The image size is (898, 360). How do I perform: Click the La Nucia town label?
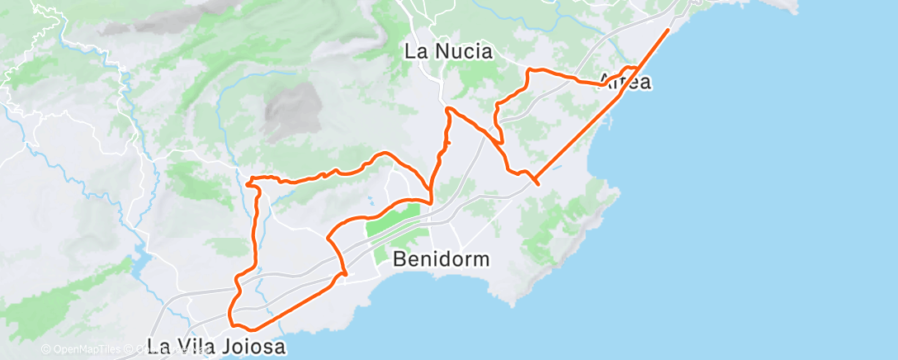click(448, 52)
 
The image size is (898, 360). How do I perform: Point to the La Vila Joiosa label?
click(216, 347)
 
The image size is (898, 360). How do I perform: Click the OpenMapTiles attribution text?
click(82, 350)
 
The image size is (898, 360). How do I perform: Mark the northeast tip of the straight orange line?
click(668, 30)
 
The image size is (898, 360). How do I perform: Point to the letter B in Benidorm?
click(400, 259)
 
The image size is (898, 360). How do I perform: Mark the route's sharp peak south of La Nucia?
click(448, 108)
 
